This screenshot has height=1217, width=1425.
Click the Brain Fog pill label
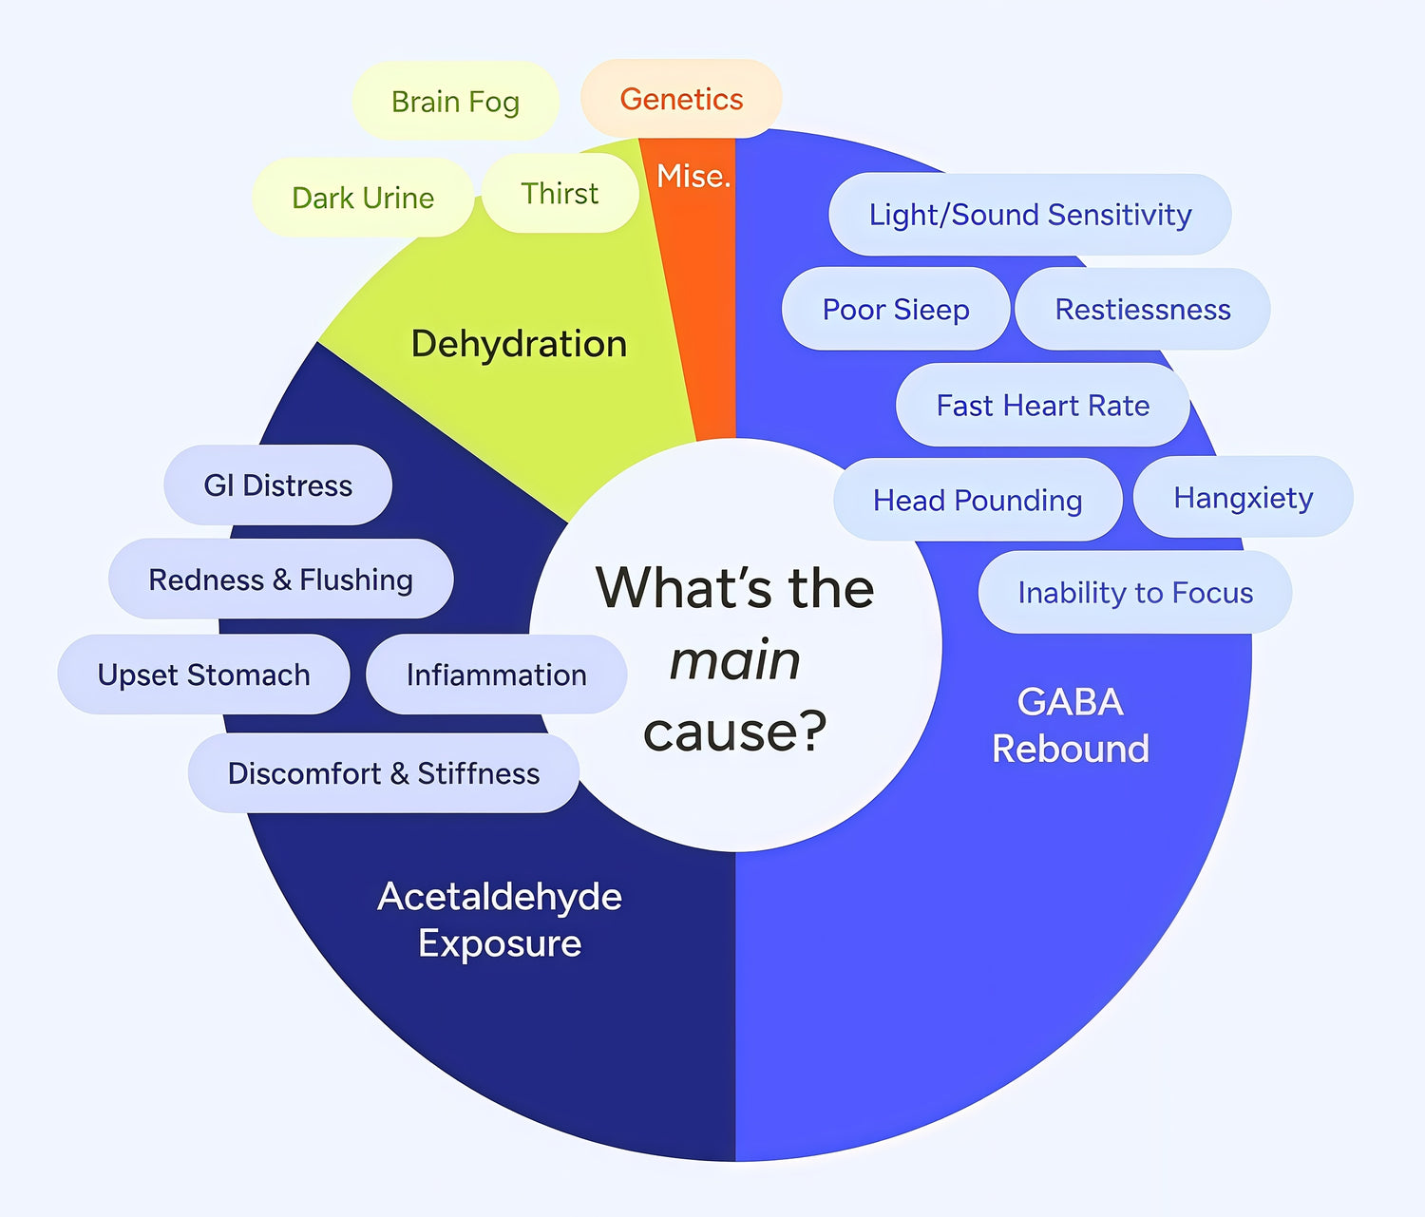(455, 102)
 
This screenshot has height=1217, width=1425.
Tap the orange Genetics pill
(681, 99)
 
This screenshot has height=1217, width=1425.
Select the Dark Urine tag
(363, 198)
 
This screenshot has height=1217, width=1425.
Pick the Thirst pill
(560, 194)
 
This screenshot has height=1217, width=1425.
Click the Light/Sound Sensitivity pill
(1030, 215)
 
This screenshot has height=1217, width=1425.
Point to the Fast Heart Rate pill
(1042, 406)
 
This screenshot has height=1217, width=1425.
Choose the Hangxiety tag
(1243, 498)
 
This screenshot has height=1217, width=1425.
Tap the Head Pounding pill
(978, 500)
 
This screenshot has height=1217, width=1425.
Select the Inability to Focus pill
(1135, 593)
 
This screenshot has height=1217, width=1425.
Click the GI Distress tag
(277, 485)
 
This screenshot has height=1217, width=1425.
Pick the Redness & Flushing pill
(280, 580)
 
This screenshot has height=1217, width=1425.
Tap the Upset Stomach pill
(203, 675)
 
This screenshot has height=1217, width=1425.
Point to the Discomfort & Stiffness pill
(383, 773)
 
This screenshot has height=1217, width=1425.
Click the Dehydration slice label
(519, 344)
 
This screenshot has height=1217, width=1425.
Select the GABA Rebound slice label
(1071, 725)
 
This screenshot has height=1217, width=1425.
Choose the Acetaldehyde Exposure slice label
(500, 920)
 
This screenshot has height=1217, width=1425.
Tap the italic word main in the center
(734, 660)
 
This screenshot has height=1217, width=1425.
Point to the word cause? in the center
(734, 732)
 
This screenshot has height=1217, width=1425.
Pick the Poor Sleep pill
(896, 310)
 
